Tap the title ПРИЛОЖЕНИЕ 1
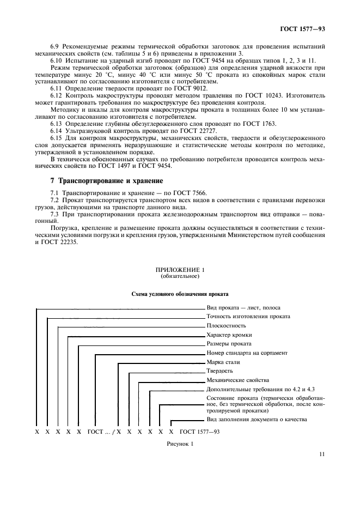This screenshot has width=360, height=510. [180, 270]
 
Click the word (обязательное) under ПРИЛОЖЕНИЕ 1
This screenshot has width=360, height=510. [180, 276]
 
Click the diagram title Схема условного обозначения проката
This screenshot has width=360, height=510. [180, 294]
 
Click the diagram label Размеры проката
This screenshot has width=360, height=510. [229, 344]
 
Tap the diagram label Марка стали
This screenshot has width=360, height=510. [223, 362]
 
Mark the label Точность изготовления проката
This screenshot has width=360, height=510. [248, 317]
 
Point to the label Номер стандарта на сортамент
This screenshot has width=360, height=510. [247, 353]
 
